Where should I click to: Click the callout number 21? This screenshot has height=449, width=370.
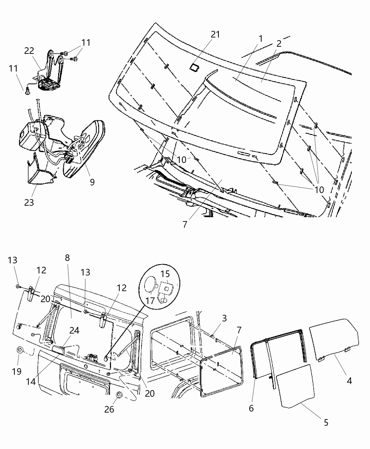pyautogui.click(x=215, y=34)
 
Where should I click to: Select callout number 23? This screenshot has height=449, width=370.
pyautogui.click(x=29, y=202)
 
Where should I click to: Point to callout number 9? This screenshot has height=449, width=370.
pyautogui.click(x=92, y=182)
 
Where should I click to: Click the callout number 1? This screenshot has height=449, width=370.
pyautogui.click(x=261, y=38)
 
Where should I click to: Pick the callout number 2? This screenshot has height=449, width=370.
pyautogui.click(x=279, y=44)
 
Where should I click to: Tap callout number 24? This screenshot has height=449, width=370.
pyautogui.click(x=74, y=330)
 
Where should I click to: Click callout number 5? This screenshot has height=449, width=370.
pyautogui.click(x=326, y=422)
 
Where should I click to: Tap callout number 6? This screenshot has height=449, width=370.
pyautogui.click(x=251, y=408)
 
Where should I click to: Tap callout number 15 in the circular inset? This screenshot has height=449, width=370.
pyautogui.click(x=165, y=274)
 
